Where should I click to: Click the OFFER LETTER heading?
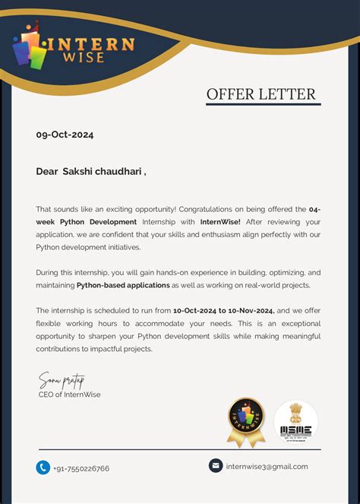point(261,94)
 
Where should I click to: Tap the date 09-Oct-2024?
point(65,135)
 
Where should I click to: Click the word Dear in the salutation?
point(47,172)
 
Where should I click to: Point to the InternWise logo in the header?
point(74,45)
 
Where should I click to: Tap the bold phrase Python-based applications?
point(123,285)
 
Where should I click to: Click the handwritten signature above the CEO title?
point(62,379)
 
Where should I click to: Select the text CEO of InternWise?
point(69,395)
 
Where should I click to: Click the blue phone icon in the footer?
point(43,468)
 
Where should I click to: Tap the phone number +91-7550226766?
point(81,468)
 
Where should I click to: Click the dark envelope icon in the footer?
point(216,465)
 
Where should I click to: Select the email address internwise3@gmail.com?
point(267,466)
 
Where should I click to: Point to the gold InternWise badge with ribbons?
point(246,421)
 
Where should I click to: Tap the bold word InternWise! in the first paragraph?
point(220,221)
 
